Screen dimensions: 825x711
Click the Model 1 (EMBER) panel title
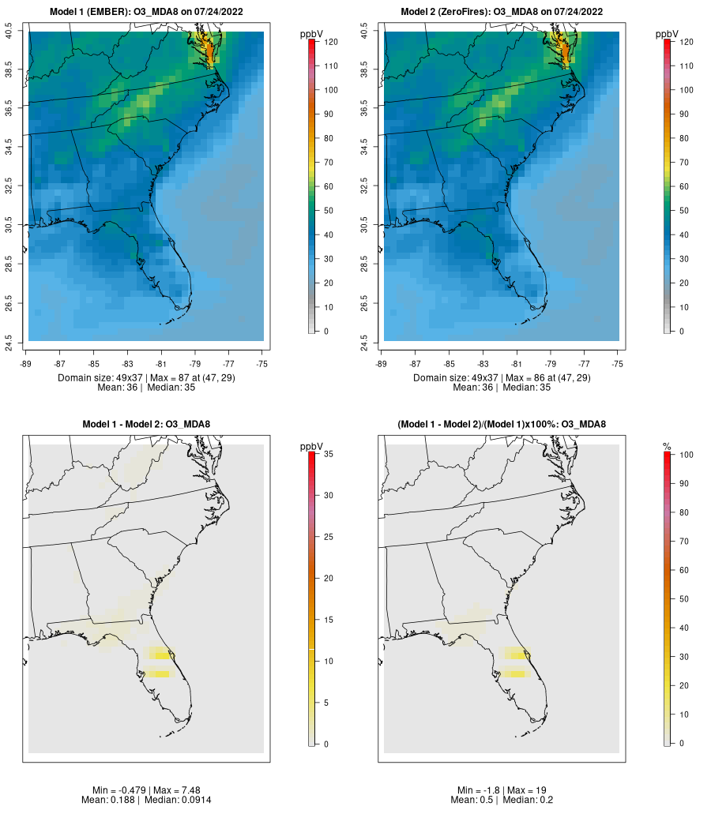coord(146,12)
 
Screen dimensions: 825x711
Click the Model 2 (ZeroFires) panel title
coord(502,12)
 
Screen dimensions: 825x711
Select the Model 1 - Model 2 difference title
coord(146,425)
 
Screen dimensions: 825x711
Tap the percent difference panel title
coord(502,425)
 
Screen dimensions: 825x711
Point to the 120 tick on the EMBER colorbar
coord(329,42)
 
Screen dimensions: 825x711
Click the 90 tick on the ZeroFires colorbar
coord(684,114)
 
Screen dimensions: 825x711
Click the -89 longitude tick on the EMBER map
coord(26,364)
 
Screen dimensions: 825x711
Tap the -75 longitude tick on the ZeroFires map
coord(618,364)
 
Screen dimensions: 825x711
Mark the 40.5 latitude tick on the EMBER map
coord(9,32)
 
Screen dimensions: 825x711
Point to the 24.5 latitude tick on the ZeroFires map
coord(364,341)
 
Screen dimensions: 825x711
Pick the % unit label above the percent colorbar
coord(667,447)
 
